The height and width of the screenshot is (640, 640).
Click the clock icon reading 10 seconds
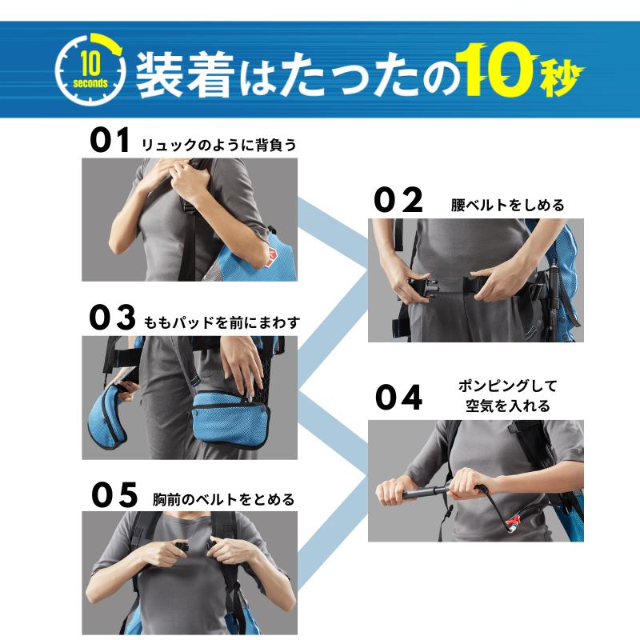[90, 69]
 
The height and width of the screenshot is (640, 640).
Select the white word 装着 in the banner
[185, 74]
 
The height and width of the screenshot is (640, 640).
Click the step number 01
[110, 140]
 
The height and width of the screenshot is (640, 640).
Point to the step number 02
[398, 199]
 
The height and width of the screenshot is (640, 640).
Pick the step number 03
[112, 317]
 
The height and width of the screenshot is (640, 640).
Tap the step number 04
[398, 397]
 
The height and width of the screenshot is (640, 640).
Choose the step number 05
[114, 494]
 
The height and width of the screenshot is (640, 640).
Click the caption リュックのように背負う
[218, 145]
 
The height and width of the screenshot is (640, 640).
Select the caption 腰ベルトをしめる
[507, 205]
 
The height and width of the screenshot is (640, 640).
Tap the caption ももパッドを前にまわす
[222, 323]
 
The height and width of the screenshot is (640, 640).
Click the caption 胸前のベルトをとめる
[223, 499]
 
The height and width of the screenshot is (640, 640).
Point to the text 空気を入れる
[508, 406]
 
